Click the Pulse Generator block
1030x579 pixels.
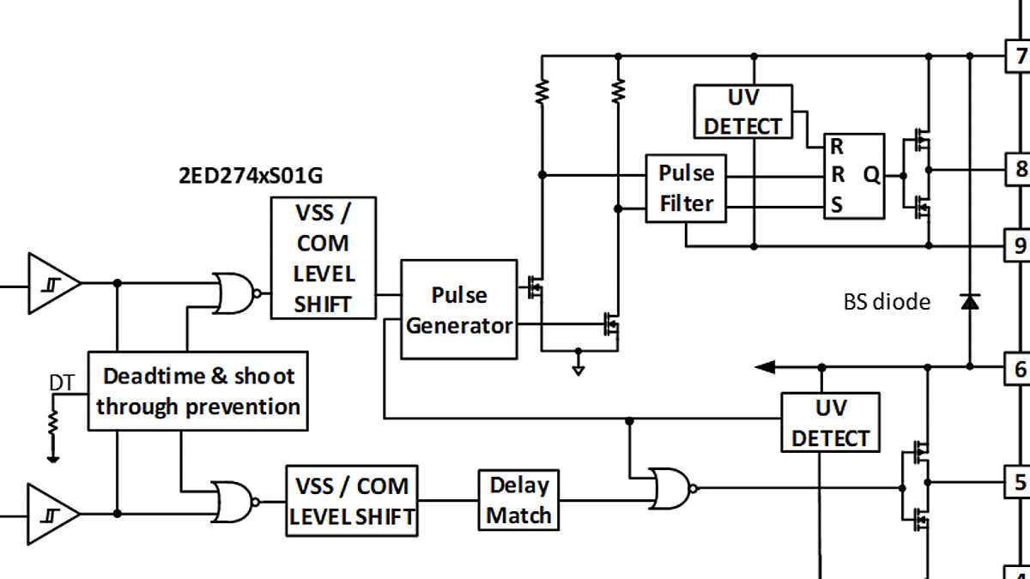459,310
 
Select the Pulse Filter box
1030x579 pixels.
686,188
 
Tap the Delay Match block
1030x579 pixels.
519,500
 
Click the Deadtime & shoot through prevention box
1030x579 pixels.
197,390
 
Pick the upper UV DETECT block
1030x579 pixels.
742,112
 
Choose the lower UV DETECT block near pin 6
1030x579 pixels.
830,423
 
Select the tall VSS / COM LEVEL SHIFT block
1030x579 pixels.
323,258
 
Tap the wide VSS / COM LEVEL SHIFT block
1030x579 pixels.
352,502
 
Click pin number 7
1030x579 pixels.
1020,57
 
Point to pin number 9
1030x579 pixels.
1020,246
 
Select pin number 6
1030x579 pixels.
1020,369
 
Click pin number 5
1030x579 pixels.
1020,481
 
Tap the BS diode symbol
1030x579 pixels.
970,301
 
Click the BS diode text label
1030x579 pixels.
887,302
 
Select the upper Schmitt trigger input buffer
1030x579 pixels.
52,283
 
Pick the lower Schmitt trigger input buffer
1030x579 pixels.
52,514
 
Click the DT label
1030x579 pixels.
61,383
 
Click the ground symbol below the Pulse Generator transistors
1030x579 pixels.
579,370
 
